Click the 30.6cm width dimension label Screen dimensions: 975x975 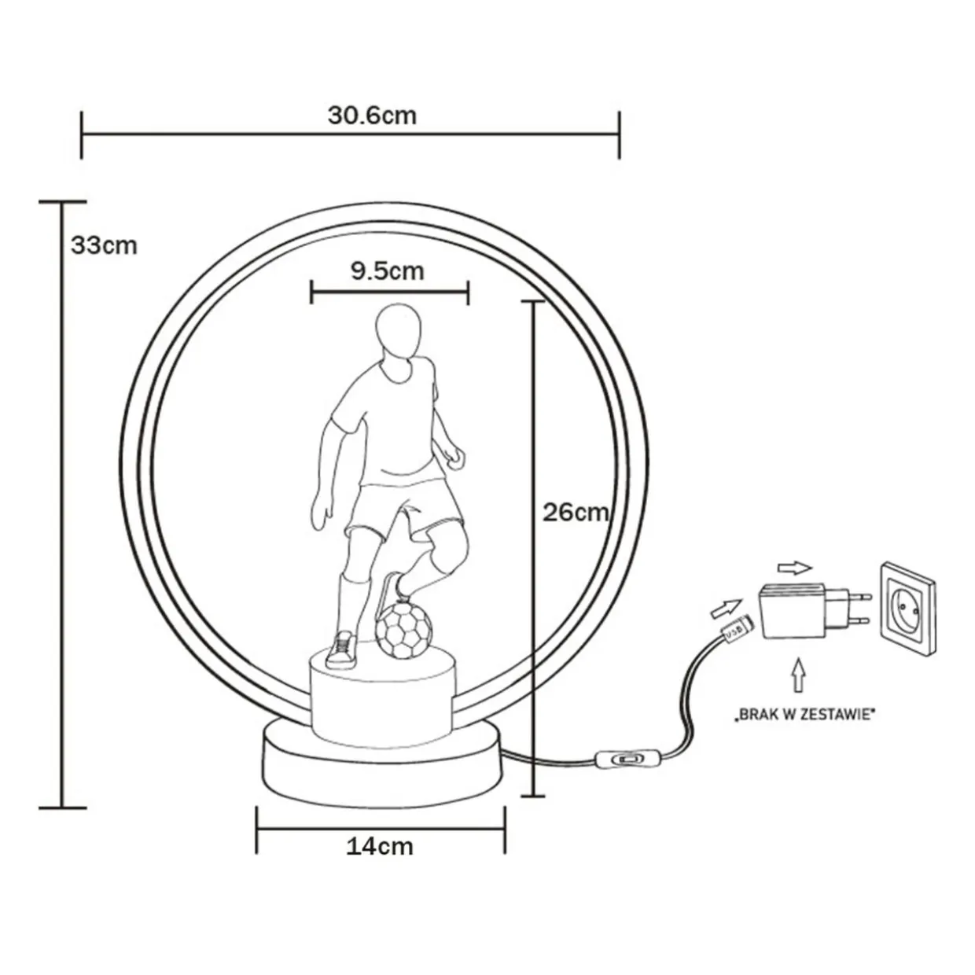[372, 116]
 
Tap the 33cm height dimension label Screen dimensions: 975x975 [105, 245]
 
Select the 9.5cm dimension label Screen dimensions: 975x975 [388, 271]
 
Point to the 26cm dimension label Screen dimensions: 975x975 [576, 513]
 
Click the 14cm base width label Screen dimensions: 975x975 [380, 847]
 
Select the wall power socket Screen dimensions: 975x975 [907, 609]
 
